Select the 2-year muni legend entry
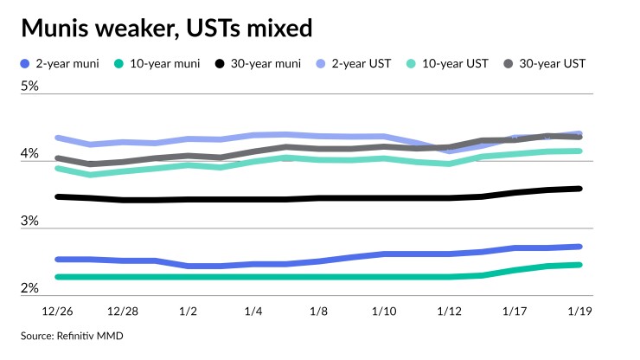[x=64, y=62]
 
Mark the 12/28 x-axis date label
[x=123, y=309]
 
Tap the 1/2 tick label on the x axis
[x=187, y=309]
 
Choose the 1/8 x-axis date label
[x=319, y=309]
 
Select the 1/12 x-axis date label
[x=450, y=309]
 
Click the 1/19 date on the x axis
[x=579, y=309]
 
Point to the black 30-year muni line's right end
[x=579, y=189]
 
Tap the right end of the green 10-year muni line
[x=579, y=265]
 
